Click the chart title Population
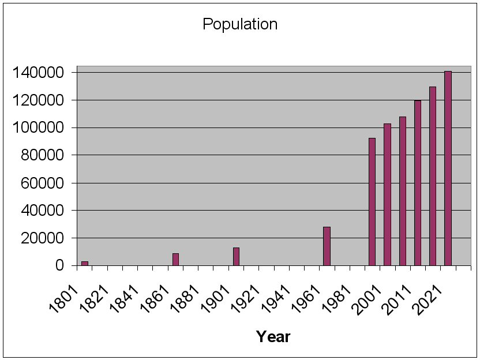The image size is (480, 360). (240, 24)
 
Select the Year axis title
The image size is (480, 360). (273, 336)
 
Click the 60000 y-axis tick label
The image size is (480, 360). (44, 183)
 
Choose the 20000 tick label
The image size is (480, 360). (44, 238)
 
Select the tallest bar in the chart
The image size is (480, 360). (448, 168)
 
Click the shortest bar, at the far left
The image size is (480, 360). (85, 263)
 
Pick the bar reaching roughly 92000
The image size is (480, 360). (372, 201)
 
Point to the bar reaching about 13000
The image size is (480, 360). (236, 256)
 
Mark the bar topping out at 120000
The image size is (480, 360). (418, 183)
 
